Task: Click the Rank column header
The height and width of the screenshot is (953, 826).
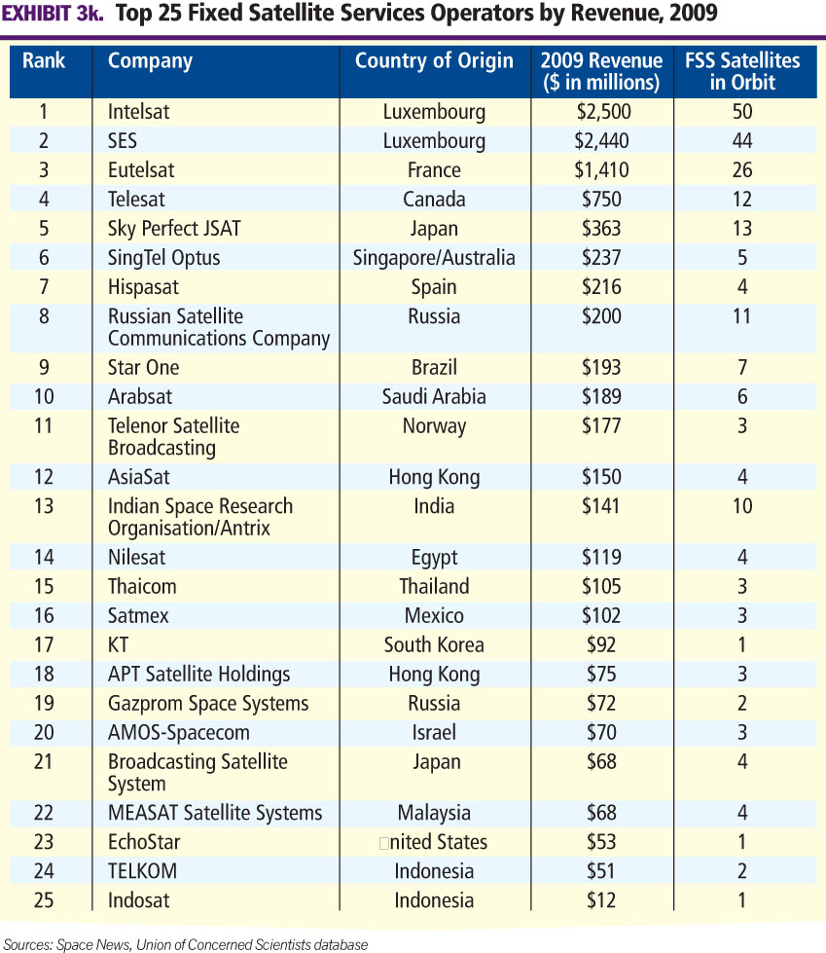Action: (44, 60)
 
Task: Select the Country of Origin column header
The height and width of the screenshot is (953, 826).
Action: (434, 60)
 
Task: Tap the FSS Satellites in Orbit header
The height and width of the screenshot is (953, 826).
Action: (742, 71)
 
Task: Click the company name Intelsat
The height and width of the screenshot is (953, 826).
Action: (138, 111)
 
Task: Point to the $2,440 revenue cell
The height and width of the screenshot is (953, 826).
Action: (601, 140)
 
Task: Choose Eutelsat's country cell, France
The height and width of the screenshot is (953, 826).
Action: (434, 169)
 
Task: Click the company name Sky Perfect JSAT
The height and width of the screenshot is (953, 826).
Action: (174, 228)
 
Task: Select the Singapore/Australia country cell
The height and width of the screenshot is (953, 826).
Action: (434, 257)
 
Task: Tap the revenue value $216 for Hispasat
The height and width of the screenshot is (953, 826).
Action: (601, 286)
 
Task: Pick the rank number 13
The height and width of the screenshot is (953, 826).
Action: (44, 505)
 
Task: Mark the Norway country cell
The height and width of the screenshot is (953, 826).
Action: (434, 425)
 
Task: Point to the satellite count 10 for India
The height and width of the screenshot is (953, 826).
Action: (742, 505)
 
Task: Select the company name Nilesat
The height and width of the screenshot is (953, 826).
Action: (137, 557)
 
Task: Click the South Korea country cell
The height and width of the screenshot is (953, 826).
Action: (434, 644)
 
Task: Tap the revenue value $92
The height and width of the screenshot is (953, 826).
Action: (601, 644)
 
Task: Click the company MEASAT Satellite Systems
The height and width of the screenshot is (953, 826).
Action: (215, 812)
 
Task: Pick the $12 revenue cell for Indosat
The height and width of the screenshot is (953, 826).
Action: (601, 899)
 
